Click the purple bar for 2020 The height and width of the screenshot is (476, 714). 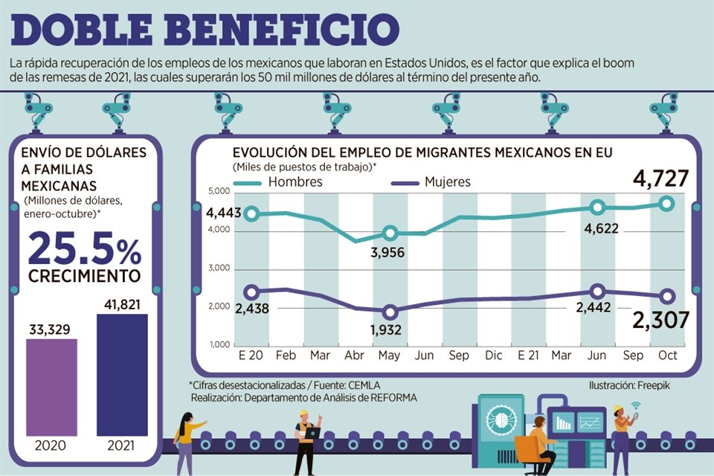(51, 386)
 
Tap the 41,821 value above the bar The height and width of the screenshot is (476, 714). (122, 304)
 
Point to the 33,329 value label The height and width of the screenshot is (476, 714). (51, 329)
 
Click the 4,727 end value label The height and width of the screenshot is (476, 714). (660, 179)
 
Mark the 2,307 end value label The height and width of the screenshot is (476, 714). (660, 320)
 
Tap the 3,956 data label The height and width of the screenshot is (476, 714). (389, 253)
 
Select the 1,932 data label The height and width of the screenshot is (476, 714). (389, 329)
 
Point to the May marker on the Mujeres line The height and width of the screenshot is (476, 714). (390, 312)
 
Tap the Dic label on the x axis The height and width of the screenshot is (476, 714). (494, 356)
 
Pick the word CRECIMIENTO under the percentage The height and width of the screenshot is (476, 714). (85, 277)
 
